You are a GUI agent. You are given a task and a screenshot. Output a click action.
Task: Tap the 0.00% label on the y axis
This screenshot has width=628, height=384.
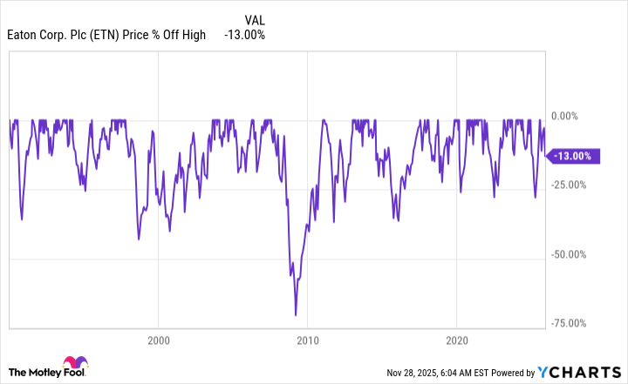click(573, 116)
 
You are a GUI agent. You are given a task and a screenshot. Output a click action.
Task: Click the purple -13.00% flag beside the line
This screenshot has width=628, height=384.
click(572, 156)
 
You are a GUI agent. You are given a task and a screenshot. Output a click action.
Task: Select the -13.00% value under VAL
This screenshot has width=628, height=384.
click(245, 35)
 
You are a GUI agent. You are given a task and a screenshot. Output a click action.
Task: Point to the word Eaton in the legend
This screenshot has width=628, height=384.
click(23, 35)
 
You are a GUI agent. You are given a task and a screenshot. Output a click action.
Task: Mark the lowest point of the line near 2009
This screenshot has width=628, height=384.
click(296, 315)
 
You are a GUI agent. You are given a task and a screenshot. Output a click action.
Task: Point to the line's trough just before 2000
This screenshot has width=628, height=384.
click(140, 239)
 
